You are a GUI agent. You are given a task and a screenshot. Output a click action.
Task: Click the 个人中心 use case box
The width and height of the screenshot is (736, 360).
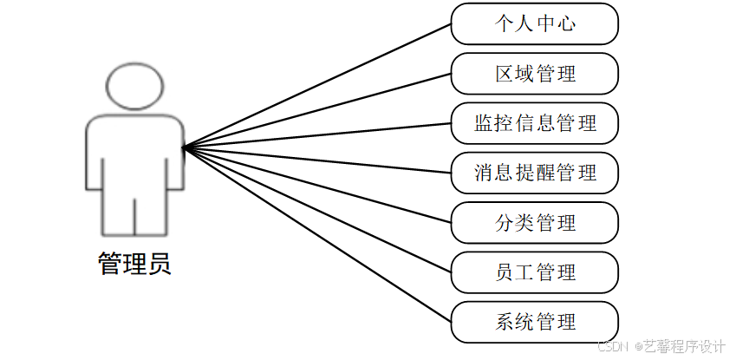point(534,23)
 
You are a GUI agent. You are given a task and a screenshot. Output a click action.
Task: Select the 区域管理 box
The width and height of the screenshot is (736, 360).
point(534,73)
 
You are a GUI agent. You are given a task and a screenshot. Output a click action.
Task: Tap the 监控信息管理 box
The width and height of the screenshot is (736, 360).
point(534,123)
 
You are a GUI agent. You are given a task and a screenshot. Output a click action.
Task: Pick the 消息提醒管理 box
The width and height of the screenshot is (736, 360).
point(534,173)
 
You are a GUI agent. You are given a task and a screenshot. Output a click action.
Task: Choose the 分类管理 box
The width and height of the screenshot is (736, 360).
point(534,223)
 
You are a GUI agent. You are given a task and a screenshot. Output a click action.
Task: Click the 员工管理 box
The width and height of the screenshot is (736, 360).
point(534,272)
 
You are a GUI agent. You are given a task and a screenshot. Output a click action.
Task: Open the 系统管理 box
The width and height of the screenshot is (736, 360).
point(534,322)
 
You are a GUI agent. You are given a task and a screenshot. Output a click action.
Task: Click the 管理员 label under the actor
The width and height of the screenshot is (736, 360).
point(134,263)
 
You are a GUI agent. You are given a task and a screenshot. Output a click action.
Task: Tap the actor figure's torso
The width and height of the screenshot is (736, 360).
point(134,156)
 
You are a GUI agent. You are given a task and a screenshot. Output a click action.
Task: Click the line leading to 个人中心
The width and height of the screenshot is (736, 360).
point(316,86)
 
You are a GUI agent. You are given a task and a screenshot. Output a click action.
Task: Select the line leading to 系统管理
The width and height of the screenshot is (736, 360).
point(316,235)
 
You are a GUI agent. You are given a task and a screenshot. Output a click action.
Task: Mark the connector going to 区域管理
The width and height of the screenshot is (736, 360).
point(316,111)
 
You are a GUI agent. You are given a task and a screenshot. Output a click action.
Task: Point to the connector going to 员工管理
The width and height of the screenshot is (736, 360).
point(316,210)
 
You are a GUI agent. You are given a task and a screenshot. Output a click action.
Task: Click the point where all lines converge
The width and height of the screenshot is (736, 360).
point(185,148)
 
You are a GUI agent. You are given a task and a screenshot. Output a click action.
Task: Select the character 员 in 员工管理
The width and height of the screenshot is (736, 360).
point(504,272)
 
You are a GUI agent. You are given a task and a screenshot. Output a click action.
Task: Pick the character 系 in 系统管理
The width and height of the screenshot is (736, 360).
point(504,322)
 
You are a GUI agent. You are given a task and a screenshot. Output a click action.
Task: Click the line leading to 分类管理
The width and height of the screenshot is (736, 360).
point(316,186)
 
